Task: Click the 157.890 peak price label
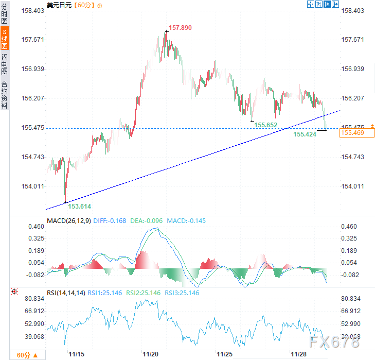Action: [x=180, y=28]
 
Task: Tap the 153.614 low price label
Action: [x=79, y=206]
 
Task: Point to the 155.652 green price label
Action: [x=266, y=125]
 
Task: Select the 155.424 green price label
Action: [x=305, y=134]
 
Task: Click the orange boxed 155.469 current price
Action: [x=352, y=133]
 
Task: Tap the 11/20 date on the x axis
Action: [x=151, y=354]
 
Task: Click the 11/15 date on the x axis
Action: [x=77, y=354]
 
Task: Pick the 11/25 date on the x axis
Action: [x=224, y=354]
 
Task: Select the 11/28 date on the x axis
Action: [x=299, y=354]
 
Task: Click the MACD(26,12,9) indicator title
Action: [x=68, y=221]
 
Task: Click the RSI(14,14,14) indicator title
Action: [x=65, y=293]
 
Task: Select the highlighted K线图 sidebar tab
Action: [x=5, y=39]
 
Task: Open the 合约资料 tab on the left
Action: [x=5, y=95]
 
